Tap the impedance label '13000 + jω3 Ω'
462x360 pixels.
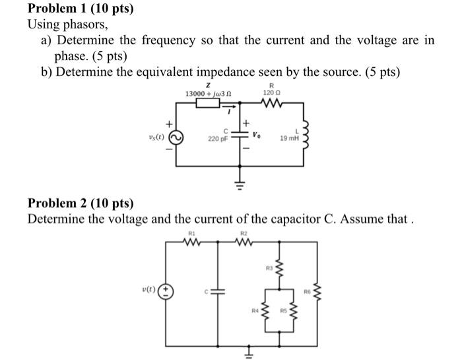pos(209,94)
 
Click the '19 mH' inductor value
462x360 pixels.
pos(289,139)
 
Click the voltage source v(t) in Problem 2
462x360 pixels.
pos(168,289)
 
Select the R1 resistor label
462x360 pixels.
pos(193,234)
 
